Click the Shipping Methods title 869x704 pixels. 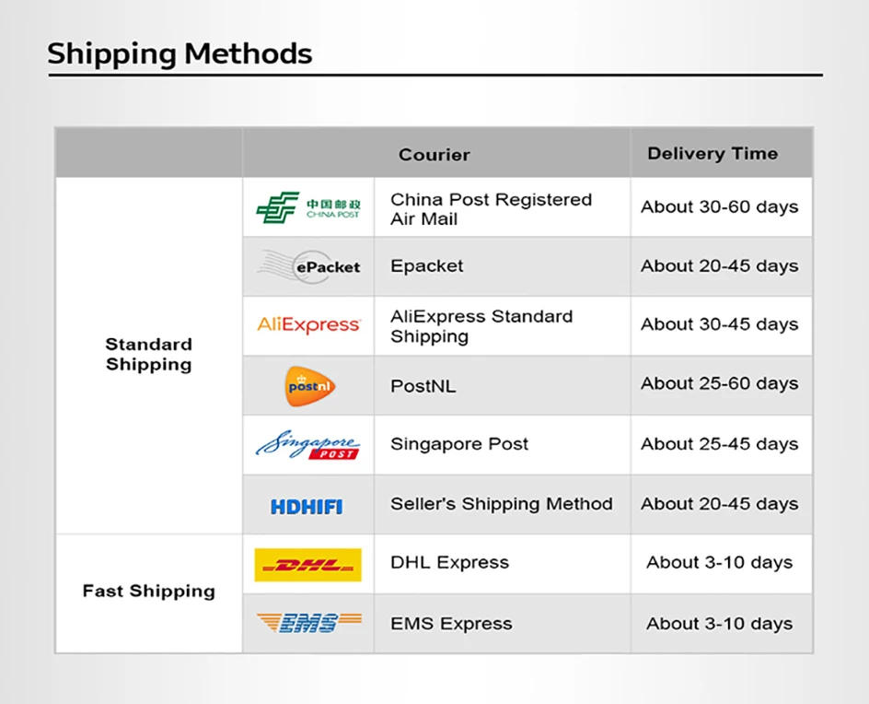click(x=180, y=54)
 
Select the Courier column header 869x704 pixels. click(x=434, y=154)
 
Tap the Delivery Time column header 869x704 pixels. click(x=713, y=153)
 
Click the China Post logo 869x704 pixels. click(x=308, y=207)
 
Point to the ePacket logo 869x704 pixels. click(x=309, y=267)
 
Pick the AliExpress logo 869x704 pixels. click(x=308, y=324)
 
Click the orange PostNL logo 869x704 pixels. click(x=310, y=386)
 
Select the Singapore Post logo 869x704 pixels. click(x=307, y=444)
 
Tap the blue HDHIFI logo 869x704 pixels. click(x=307, y=507)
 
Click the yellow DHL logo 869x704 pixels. click(x=308, y=565)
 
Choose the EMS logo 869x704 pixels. click(x=308, y=623)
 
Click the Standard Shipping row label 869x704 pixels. click(x=148, y=354)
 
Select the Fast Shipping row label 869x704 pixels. click(x=148, y=592)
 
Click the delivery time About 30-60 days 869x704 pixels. click(x=719, y=207)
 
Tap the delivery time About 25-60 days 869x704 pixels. click(x=719, y=383)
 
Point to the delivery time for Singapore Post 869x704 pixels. click(x=719, y=444)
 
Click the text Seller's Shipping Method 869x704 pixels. click(x=502, y=504)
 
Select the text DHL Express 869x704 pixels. click(x=449, y=562)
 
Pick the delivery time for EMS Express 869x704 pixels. click(x=719, y=624)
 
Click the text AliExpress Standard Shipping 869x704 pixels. click(x=481, y=326)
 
